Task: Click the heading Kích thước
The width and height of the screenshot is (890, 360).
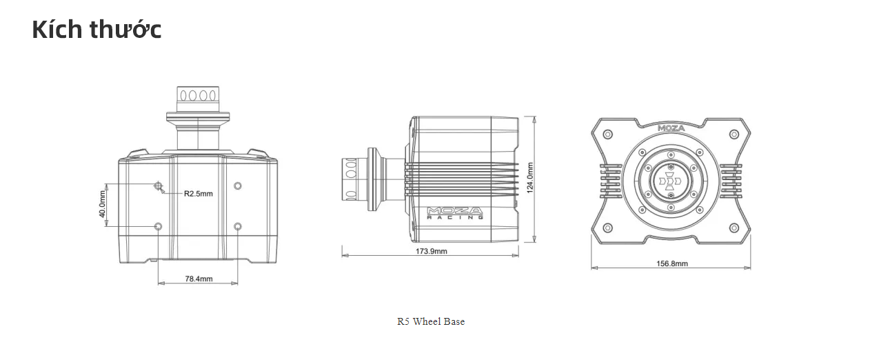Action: pos(97,30)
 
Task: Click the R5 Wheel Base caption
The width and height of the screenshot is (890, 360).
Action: pos(431,321)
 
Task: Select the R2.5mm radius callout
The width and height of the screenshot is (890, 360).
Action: pos(198,194)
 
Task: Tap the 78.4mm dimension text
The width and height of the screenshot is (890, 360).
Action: pos(199,279)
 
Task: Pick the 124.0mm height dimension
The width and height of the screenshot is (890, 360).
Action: pos(530,179)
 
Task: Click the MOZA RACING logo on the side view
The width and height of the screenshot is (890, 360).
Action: pos(454,212)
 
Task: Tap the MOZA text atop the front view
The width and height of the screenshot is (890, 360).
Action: pos(670,128)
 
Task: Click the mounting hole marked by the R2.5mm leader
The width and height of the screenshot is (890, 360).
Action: pos(159,186)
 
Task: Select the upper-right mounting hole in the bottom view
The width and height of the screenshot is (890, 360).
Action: pos(238,186)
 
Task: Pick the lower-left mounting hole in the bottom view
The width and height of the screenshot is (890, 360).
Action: pos(159,226)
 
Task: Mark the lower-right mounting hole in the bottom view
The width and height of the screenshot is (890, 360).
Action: pos(238,226)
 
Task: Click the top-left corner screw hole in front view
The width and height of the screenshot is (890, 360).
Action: pos(607,134)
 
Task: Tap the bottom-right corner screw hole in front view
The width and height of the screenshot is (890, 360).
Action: pos(735,228)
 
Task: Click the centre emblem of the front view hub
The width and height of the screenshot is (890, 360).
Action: pos(671,181)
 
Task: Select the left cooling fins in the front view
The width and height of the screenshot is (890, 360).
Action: pos(610,181)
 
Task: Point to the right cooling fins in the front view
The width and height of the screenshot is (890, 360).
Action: pos(731,181)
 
